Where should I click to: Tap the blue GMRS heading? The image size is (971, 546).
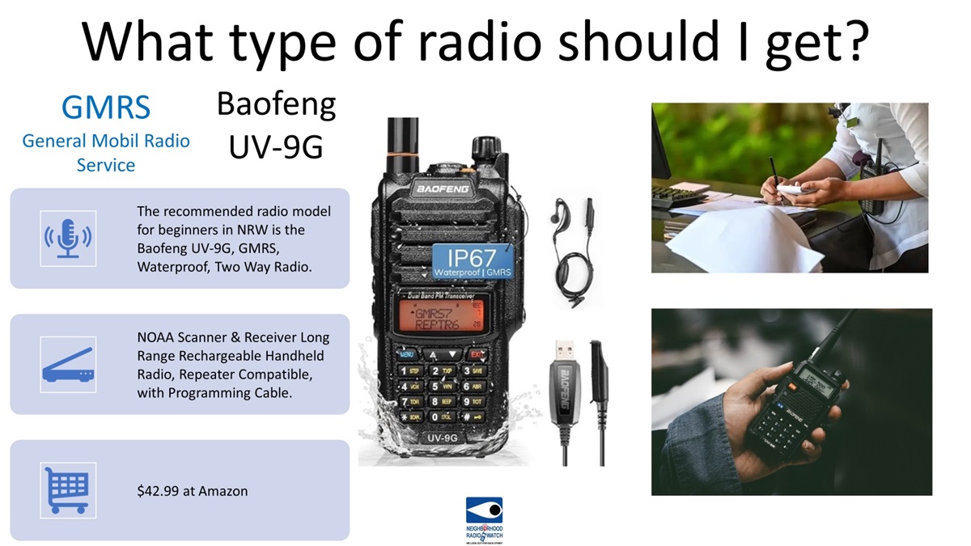tap(105, 107)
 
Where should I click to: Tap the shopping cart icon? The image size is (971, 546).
tap(68, 490)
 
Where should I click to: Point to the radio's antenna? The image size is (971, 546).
tap(399, 146)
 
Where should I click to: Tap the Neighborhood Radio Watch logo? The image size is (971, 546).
tap(484, 518)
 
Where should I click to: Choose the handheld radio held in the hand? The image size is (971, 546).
tap(801, 396)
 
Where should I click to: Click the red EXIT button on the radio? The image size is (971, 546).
tap(477, 354)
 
